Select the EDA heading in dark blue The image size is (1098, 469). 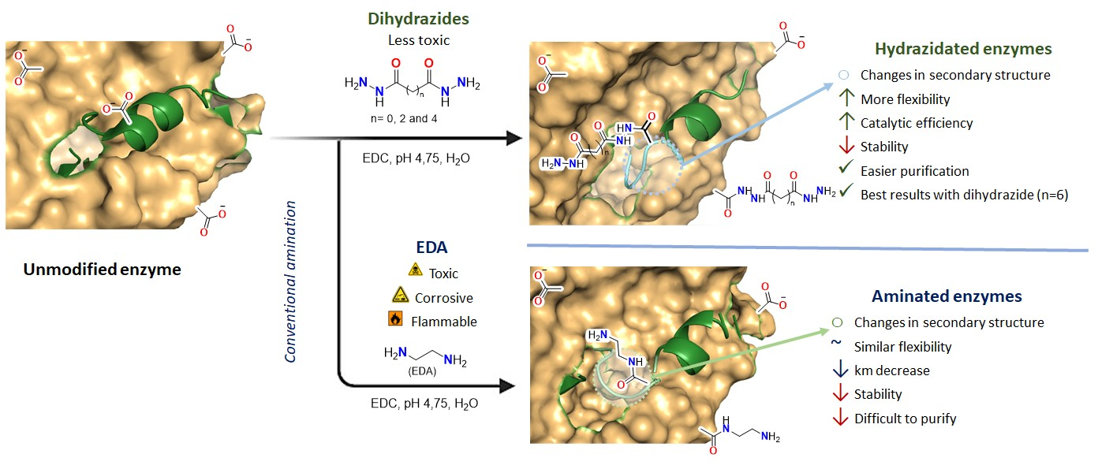click(x=431, y=247)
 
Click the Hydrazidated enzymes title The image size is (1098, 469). click(x=963, y=49)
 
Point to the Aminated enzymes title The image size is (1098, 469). click(x=947, y=296)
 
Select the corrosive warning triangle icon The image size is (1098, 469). click(x=399, y=297)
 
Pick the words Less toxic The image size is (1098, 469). click(x=414, y=39)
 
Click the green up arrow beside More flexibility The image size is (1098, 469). click(x=843, y=99)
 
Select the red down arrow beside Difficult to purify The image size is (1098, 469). click(x=839, y=419)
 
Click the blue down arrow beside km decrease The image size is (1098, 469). click(x=839, y=370)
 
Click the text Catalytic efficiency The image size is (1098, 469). click(x=917, y=123)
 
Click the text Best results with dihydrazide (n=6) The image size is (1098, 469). click(x=964, y=195)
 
